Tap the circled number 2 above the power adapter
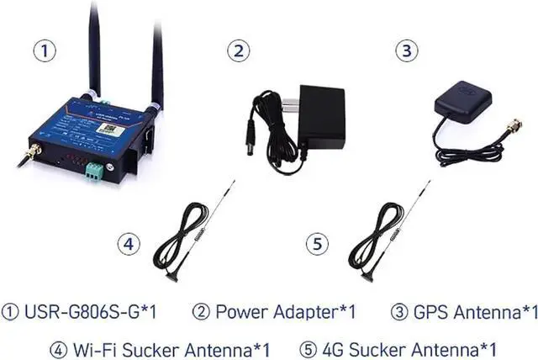tap(240, 50)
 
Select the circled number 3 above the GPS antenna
tap(408, 50)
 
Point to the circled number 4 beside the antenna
tap(128, 244)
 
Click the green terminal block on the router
tap(95, 172)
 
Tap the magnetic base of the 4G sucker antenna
tap(367, 275)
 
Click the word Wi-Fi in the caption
tap(96, 348)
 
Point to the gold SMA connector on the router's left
tap(32, 153)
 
